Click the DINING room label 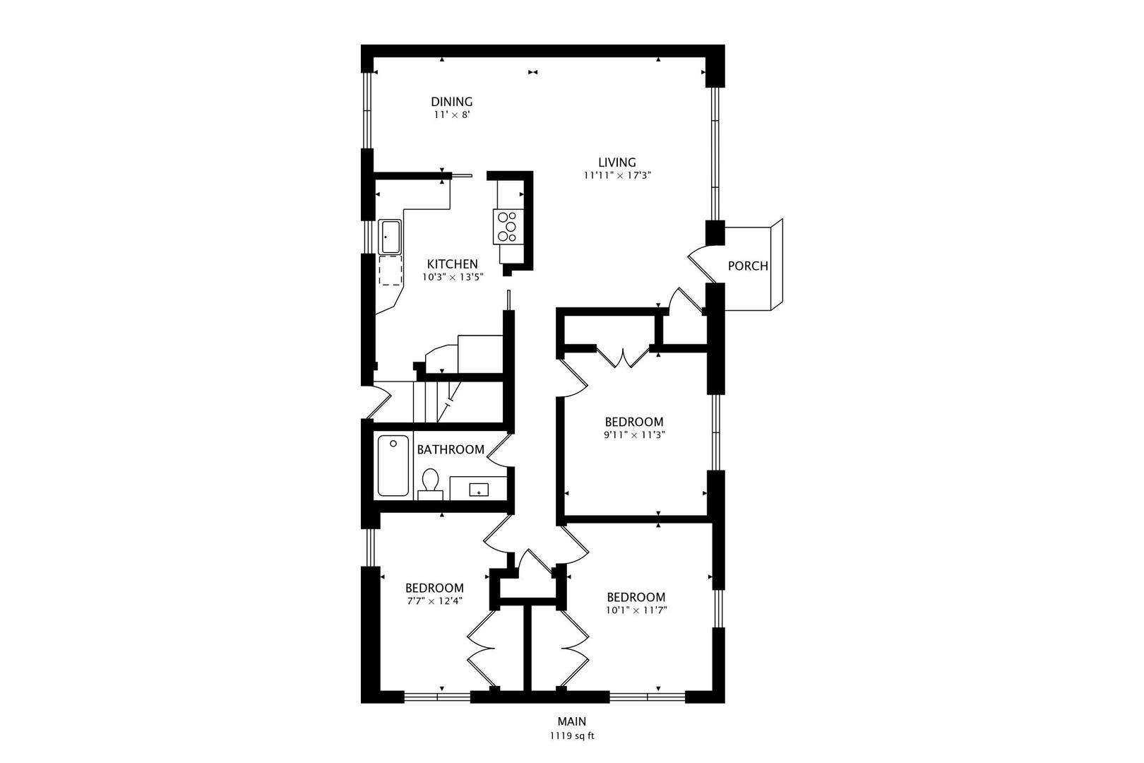pos(452,102)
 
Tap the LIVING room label pos(617,162)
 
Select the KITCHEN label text pos(452,264)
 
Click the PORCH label pos(748,266)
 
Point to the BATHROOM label pos(451,449)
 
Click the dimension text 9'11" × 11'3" pos(634,435)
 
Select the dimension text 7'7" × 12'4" pos(434,601)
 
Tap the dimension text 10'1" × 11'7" pos(636,610)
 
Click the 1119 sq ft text pos(572,735)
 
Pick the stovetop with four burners pos(507,227)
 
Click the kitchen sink pos(390,237)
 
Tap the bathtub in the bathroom pos(393,466)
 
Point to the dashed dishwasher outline pos(390,270)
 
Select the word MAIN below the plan pos(572,721)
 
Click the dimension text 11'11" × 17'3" pos(616,176)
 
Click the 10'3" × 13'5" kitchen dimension pos(452,277)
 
